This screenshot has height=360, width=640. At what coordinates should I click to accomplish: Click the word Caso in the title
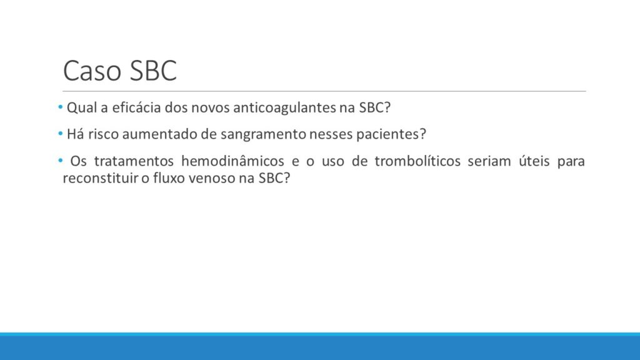coord(92,71)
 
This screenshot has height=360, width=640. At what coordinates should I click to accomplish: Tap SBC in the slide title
coord(154,71)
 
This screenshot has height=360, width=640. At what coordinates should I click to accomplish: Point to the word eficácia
coord(136,107)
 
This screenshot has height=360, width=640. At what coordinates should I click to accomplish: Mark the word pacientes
coord(391,134)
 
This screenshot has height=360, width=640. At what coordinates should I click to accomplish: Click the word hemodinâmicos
coord(232,161)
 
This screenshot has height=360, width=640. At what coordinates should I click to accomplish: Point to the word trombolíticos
coord(417,161)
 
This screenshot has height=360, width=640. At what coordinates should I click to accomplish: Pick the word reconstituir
coord(101,178)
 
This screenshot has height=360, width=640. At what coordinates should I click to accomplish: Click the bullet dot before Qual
coord(61,107)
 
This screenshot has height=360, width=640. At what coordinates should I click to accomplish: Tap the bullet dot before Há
coord(61,134)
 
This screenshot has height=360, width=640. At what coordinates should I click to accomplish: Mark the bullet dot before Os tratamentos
coord(61,161)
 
